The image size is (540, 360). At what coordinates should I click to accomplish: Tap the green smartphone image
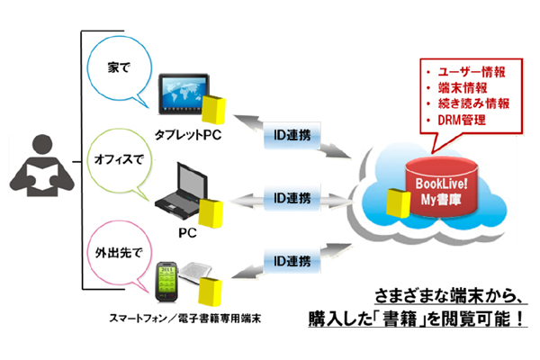pyautogui.click(x=167, y=281)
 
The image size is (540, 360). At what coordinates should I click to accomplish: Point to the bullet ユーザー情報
pyautogui.click(x=468, y=69)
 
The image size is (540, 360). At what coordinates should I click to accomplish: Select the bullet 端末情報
pyautogui.click(x=460, y=86)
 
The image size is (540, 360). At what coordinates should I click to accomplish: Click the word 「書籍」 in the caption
pyautogui.click(x=408, y=317)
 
